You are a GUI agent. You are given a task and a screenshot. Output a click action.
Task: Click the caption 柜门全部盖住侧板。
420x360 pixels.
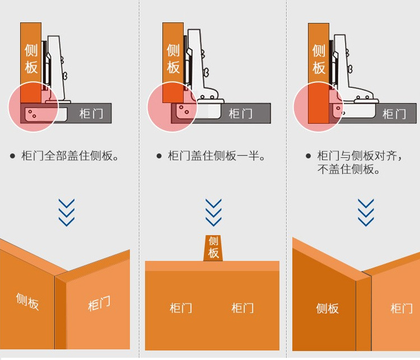70,156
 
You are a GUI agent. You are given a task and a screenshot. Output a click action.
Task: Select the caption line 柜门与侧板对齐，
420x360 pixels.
360,156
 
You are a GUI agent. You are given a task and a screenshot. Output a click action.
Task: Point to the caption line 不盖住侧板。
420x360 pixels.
349,169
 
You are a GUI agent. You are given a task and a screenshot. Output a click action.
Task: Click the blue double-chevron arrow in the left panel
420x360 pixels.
67,212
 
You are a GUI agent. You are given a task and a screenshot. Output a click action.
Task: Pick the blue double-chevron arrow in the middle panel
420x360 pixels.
213,212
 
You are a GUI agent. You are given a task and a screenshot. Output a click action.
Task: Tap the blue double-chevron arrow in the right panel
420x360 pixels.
366,212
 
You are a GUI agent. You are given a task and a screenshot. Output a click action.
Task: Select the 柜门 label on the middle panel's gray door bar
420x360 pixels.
240,114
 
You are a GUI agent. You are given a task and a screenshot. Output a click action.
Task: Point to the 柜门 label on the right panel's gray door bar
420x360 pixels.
394,114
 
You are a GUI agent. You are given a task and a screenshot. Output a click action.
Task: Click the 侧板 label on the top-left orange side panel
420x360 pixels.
31,59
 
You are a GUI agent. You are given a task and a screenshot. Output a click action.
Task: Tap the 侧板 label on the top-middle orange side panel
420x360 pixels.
174,59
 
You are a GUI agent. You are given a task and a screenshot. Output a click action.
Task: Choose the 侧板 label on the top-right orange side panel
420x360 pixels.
319,59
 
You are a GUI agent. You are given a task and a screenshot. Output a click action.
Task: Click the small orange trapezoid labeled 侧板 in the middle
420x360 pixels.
213,247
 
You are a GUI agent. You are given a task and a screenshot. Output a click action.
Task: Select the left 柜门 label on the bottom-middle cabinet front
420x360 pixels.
181,308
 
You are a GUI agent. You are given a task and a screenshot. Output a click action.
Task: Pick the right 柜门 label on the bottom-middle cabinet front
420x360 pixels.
242,308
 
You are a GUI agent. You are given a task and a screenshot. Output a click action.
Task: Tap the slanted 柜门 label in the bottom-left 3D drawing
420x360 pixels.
99,304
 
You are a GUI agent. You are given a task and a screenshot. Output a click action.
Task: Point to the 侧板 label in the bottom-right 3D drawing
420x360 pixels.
327,308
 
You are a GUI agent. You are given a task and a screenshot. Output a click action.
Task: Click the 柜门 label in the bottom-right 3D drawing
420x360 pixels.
402,308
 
